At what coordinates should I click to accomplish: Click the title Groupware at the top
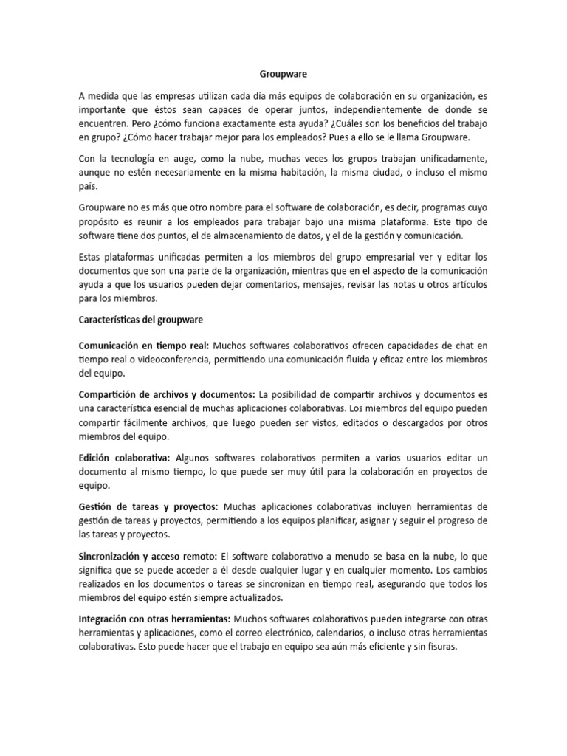pos(283,75)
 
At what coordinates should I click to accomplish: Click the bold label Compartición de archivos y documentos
pos(167,395)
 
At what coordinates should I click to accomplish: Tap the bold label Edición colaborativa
pos(124,458)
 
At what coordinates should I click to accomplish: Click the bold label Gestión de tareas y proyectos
pos(148,507)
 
